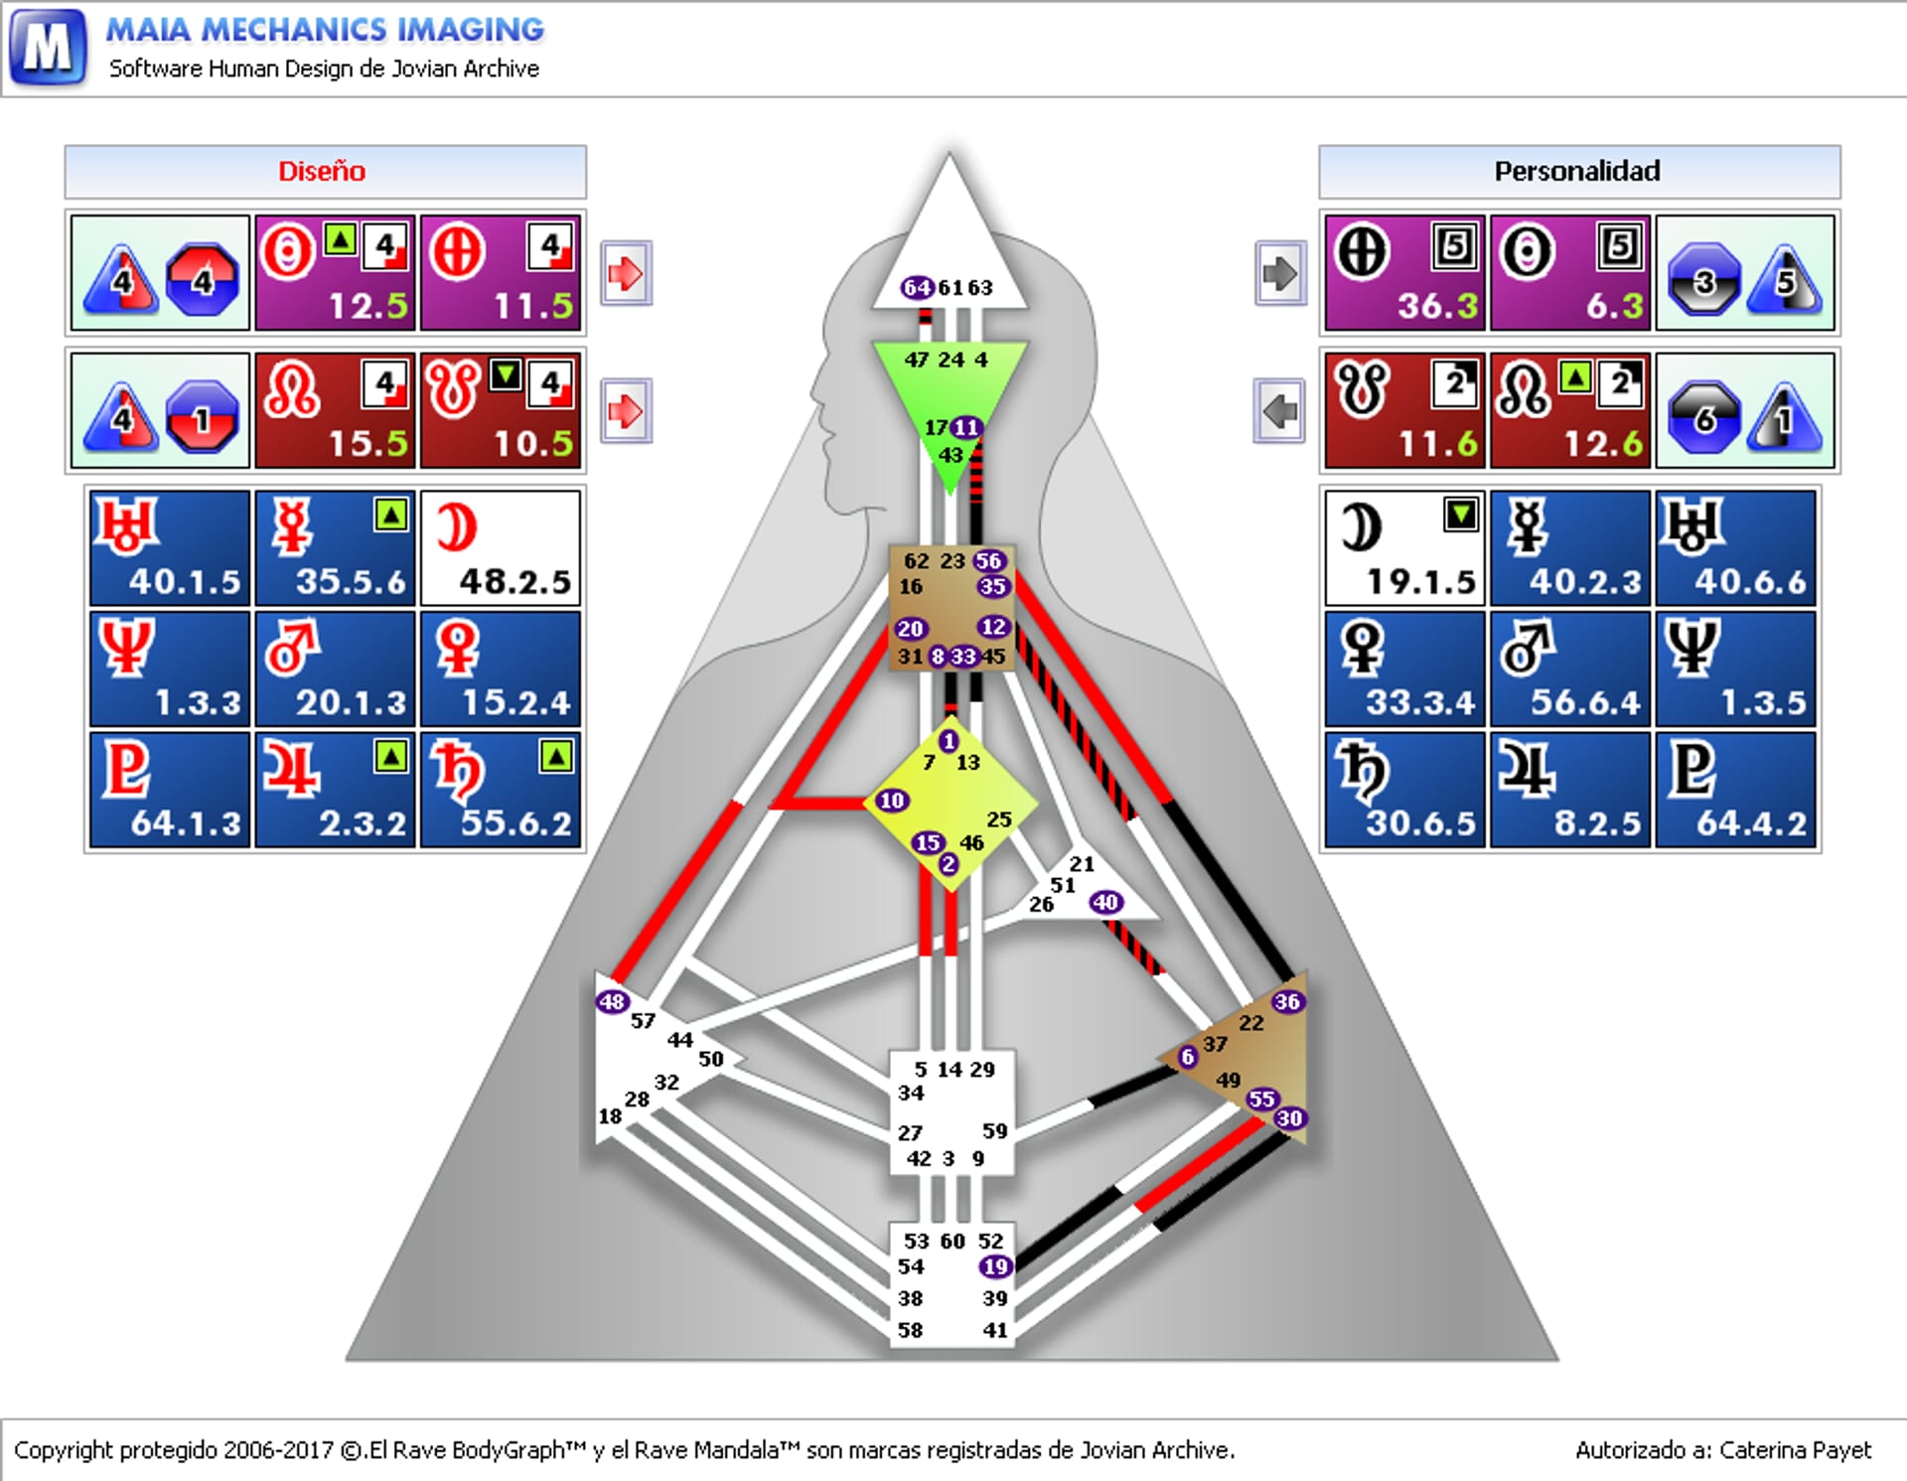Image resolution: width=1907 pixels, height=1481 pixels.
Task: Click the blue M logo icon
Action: (48, 47)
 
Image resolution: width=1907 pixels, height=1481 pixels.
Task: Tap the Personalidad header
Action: (1578, 172)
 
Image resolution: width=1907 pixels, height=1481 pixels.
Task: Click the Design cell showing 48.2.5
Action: (500, 547)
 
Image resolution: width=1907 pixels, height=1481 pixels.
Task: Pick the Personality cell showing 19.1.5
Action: (1404, 547)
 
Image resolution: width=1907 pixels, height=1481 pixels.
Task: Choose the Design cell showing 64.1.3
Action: (170, 790)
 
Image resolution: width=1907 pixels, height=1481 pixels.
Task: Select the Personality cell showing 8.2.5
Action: (1570, 790)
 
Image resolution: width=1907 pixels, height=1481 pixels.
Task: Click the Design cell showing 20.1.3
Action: (335, 668)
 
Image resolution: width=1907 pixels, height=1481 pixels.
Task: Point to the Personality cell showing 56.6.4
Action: (1570, 668)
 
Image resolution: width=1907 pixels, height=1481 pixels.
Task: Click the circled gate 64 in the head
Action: (917, 288)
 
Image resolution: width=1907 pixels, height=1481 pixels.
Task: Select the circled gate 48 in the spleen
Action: (612, 1001)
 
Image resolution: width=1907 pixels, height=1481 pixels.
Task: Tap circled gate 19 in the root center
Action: (995, 1266)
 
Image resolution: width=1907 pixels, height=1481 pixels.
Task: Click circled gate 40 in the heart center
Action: (1105, 902)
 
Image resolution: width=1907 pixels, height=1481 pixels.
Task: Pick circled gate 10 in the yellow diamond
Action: (892, 801)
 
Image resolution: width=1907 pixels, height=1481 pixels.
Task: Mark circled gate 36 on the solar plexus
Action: (1287, 1001)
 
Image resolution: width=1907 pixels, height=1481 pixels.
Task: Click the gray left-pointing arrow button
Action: (1279, 410)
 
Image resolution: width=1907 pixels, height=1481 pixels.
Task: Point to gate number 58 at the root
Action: (910, 1330)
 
